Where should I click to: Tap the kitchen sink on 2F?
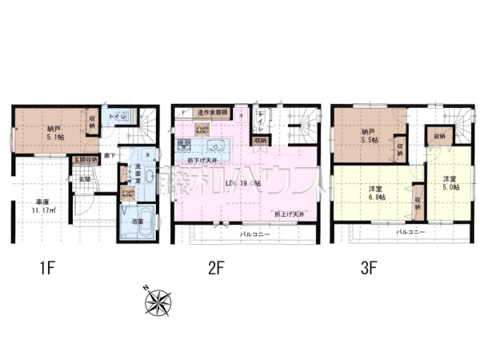pos(214,146)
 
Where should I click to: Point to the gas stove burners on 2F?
pos(183,146)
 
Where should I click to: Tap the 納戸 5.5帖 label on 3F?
pos(369,135)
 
